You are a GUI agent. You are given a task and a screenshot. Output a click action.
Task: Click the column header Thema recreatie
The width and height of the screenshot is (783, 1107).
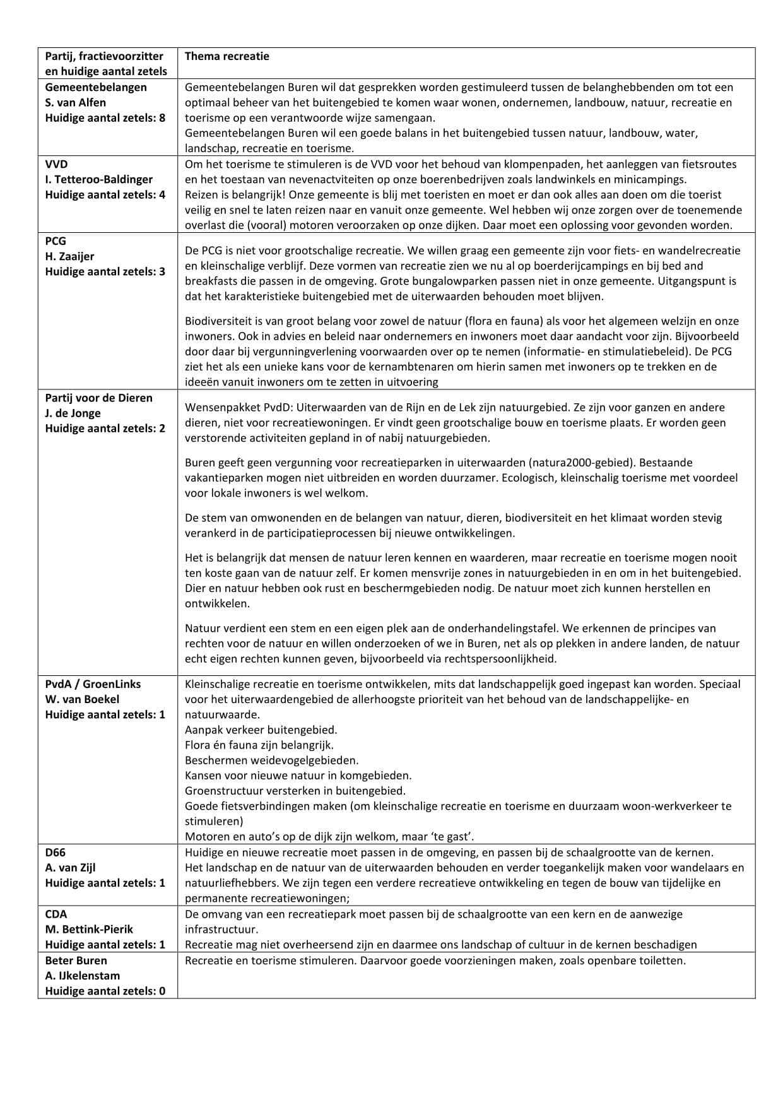227,56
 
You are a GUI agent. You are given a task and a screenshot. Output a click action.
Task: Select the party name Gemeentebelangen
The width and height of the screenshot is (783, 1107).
95,87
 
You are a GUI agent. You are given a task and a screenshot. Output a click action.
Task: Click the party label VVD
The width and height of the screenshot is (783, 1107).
56,164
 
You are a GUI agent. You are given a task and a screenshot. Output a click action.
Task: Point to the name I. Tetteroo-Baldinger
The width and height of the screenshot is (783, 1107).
98,179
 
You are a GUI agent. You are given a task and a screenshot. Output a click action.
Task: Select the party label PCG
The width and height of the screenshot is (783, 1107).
56,241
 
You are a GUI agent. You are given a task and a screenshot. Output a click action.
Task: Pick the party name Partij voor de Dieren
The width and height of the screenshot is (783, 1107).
98,398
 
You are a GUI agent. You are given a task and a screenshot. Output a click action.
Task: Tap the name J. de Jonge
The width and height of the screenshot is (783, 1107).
73,413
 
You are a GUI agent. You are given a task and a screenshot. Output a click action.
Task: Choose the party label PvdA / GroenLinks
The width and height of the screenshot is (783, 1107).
93,684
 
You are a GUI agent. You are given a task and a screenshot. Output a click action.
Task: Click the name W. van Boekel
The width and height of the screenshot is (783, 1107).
82,699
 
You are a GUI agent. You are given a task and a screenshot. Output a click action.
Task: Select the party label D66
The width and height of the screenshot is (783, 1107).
56,852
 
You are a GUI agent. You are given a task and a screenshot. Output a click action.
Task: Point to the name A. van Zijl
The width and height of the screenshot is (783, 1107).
70,867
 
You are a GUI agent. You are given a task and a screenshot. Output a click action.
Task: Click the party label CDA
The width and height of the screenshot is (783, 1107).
56,914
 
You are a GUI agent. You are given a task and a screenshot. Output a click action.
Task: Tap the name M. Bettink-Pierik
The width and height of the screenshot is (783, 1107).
89,929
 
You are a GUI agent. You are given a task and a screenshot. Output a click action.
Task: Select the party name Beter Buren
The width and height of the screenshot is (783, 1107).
76,960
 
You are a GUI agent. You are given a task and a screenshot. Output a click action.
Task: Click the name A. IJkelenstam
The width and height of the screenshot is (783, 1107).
82,975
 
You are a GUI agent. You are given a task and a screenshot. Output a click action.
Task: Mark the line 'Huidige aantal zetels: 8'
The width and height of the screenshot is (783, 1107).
105,117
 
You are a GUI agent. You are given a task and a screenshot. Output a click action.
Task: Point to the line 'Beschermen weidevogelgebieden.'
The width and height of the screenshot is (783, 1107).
271,760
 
